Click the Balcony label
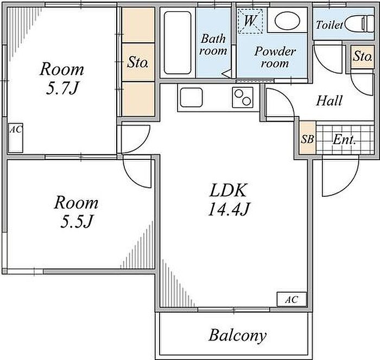coord(237,335)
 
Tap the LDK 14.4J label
coord(228,199)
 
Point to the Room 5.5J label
coord(75,211)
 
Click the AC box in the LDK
coord(292,299)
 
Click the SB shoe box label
coord(307,139)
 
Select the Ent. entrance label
coord(344,139)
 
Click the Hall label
coord(329,100)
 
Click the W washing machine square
coord(251,21)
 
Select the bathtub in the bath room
coord(178,43)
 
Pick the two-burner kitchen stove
coord(243,98)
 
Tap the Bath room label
coord(213,44)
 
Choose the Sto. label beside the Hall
coord(362,55)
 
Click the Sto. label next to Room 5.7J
coord(138,62)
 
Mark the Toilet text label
coord(330,25)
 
